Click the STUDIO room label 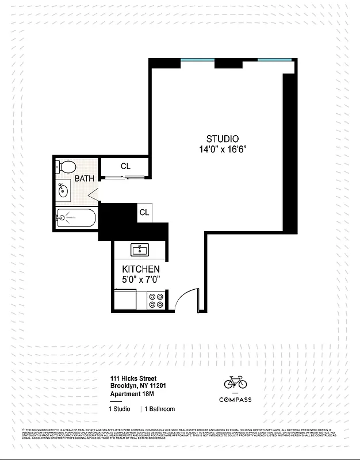point(223,139)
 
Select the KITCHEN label point(141,269)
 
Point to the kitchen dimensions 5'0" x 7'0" point(141,279)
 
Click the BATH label point(84,179)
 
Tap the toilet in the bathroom point(67,167)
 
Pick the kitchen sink point(140,250)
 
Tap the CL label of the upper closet point(125,166)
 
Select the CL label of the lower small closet point(144,212)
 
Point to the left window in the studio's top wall point(197,60)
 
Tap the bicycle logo point(235,382)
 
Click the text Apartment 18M point(133,394)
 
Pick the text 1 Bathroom point(159,409)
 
